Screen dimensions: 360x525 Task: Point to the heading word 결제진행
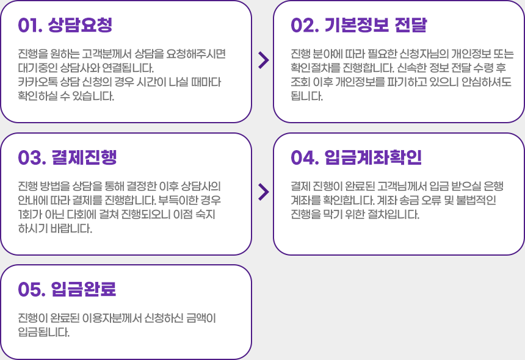click(x=84, y=157)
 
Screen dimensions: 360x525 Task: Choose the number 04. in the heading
click(x=303, y=157)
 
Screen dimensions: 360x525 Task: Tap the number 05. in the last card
click(x=30, y=289)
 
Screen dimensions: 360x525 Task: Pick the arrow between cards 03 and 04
click(x=263, y=192)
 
